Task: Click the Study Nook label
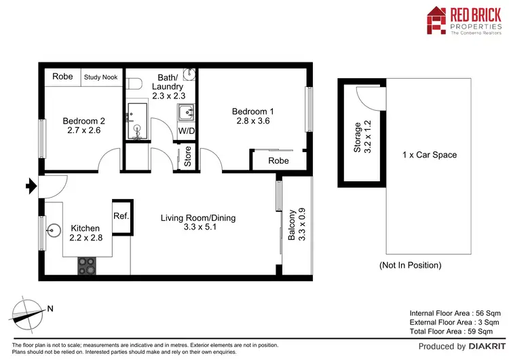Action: click(x=100, y=77)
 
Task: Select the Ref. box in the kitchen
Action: click(x=121, y=216)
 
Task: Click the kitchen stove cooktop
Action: click(x=87, y=266)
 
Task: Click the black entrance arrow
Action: click(x=30, y=184)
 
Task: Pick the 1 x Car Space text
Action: click(x=429, y=155)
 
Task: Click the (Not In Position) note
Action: click(x=410, y=266)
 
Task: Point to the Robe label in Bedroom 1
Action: click(x=278, y=161)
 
